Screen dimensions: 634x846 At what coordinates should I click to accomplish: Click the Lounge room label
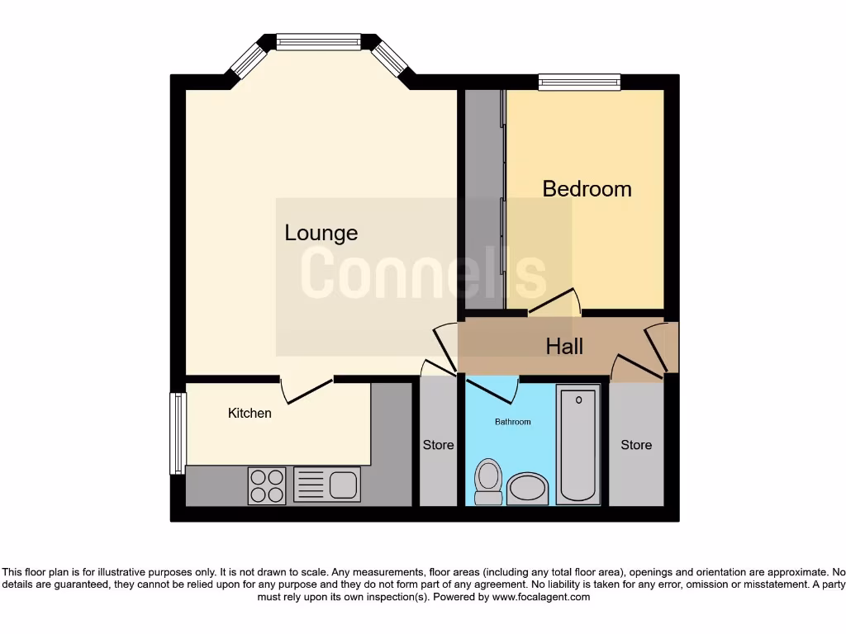click(x=321, y=233)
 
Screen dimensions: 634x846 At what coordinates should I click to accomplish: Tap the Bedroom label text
click(x=587, y=189)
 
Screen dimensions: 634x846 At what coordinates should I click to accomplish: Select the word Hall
click(x=564, y=346)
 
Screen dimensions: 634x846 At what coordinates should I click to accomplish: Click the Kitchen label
click(x=250, y=413)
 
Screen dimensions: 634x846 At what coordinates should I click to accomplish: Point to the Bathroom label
click(x=513, y=422)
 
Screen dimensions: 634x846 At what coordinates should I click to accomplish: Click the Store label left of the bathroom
click(x=438, y=445)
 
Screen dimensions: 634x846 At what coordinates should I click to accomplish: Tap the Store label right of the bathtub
click(x=636, y=445)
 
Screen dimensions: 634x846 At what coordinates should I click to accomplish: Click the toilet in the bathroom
click(x=488, y=480)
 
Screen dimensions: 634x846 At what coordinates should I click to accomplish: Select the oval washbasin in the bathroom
click(x=527, y=489)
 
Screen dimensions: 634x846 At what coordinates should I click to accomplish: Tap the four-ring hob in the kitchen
click(x=267, y=485)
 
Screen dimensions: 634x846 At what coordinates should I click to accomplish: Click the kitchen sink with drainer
click(x=326, y=485)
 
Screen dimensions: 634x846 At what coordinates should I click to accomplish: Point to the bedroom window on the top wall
click(x=579, y=81)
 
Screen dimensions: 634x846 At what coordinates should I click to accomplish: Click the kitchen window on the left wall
click(x=177, y=433)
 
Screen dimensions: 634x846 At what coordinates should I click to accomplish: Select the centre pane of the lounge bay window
click(x=318, y=40)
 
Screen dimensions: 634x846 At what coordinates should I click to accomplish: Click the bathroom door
click(x=491, y=386)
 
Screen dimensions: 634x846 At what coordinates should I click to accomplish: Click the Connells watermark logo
click(x=423, y=274)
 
